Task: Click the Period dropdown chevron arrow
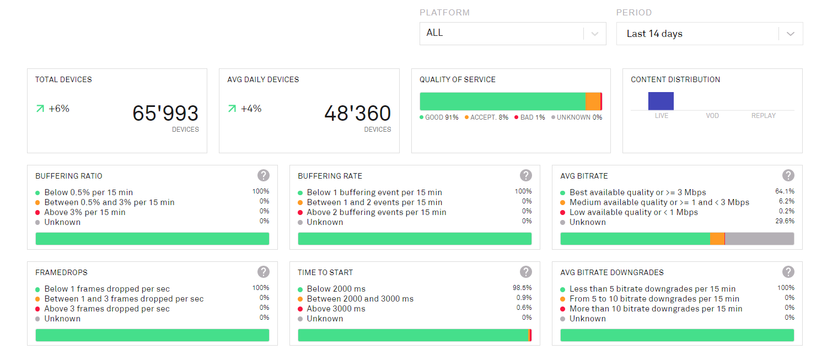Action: (x=790, y=34)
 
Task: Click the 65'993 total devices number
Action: (x=165, y=113)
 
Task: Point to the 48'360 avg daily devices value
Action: (x=357, y=113)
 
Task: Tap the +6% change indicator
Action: (x=58, y=109)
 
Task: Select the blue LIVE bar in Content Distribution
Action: (x=660, y=101)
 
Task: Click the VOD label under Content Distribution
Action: (x=712, y=116)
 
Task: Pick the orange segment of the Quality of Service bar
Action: (x=592, y=101)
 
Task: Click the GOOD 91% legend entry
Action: (x=441, y=117)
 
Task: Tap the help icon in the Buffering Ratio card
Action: (x=264, y=175)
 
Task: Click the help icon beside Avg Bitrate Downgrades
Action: (x=788, y=272)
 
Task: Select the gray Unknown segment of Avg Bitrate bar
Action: (x=759, y=239)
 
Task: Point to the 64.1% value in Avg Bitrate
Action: (x=785, y=191)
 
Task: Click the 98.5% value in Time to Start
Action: (x=522, y=288)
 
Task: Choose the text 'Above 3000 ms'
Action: (x=336, y=309)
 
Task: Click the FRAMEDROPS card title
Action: (x=61, y=272)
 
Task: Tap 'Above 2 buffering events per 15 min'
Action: (x=377, y=212)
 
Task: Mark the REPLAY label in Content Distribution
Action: (x=764, y=116)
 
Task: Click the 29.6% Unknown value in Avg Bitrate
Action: (x=785, y=221)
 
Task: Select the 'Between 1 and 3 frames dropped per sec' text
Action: (x=124, y=299)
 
